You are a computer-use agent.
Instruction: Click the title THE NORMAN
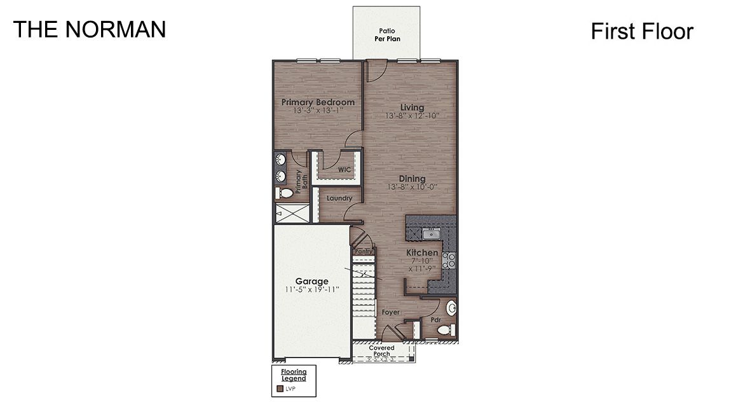[90, 29]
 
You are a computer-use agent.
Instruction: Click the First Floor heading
[641, 31]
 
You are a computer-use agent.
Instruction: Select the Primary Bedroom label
[318, 102]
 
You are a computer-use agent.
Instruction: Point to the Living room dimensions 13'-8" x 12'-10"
[412, 116]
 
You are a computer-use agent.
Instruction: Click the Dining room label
[412, 179]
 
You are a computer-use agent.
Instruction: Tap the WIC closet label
[344, 170]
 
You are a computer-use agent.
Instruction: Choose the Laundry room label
[339, 198]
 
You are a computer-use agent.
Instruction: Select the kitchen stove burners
[449, 259]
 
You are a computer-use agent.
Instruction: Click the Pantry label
[364, 252]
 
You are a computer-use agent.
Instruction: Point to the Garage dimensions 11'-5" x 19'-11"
[311, 290]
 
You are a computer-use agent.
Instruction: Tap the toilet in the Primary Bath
[285, 192]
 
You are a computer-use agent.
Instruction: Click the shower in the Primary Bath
[292, 213]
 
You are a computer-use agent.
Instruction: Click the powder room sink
[452, 309]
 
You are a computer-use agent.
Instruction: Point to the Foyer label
[390, 313]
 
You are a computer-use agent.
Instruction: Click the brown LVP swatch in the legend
[279, 389]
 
